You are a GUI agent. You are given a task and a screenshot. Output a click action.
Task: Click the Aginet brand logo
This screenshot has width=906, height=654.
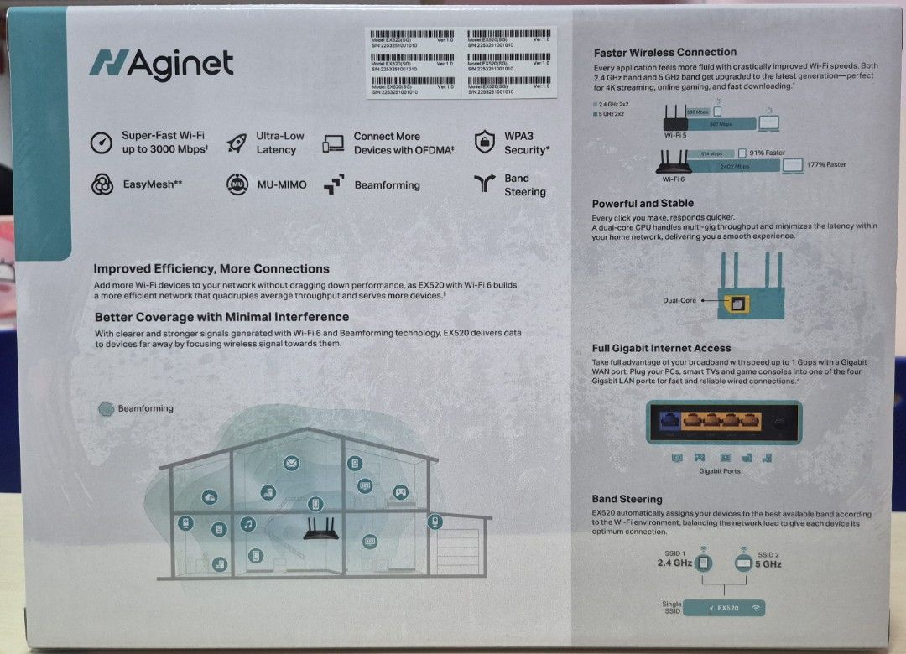pos(161,64)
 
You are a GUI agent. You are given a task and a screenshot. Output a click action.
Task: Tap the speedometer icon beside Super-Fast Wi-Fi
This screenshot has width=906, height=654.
pos(102,143)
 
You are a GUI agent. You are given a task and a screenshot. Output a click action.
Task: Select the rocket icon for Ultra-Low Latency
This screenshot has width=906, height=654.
pos(238,143)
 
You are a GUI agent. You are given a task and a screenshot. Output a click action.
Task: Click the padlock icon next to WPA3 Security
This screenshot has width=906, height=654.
pos(484,143)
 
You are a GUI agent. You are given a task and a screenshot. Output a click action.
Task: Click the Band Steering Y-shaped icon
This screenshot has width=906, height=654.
pos(484,184)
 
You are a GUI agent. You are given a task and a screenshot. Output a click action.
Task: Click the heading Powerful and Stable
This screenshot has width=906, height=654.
pos(643,204)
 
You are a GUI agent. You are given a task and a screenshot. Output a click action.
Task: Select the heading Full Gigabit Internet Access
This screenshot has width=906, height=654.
pos(661,348)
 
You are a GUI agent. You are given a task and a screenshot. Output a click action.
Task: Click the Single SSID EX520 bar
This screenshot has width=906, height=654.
pos(724,608)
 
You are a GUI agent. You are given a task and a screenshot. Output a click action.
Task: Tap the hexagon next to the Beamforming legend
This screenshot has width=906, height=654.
pos(106,409)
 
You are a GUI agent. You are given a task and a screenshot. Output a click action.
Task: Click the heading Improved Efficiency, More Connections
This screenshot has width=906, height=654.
pos(211,269)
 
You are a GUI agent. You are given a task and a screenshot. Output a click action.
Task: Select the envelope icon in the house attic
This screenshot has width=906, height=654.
pos(291,463)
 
